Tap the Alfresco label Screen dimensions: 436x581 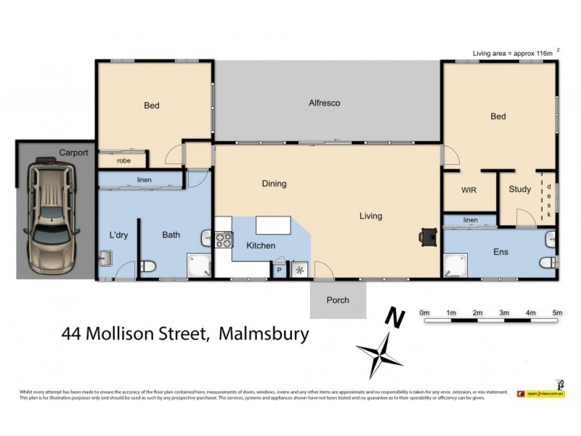tap(324, 103)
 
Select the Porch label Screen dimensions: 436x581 tap(338, 299)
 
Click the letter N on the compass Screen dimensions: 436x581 tap(394, 318)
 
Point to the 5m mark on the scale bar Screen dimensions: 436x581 tap(557, 313)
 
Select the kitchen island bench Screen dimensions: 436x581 tap(272, 225)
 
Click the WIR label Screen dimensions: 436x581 tap(469, 190)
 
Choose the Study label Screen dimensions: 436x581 tap(519, 190)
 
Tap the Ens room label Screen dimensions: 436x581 tap(500, 252)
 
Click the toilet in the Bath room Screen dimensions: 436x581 tap(148, 267)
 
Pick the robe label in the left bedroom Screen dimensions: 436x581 tap(124, 161)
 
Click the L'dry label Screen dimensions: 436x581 tap(118, 235)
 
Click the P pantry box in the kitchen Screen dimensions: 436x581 tap(279, 270)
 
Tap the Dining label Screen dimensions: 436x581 tap(275, 184)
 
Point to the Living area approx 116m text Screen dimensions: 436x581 tap(513, 52)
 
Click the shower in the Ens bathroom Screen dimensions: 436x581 tap(455, 266)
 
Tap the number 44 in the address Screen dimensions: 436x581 tap(71, 334)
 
